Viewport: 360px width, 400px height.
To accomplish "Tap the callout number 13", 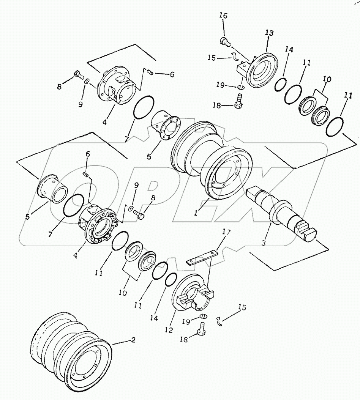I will coord(269,33).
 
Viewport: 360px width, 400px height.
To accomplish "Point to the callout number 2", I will coord(133,340).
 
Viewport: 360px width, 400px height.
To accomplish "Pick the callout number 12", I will coord(169,330).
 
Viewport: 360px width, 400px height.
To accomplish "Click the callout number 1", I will coord(196,213).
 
